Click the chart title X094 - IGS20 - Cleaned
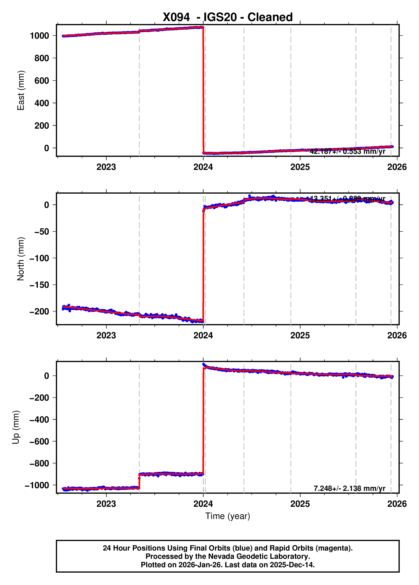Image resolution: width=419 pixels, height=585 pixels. (x=228, y=17)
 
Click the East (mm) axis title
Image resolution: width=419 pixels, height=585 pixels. (x=21, y=90)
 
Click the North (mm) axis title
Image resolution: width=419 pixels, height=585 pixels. (x=21, y=259)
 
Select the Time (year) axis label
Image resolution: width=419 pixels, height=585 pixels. (x=228, y=516)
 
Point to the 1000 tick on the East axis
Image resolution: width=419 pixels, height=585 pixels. (x=39, y=36)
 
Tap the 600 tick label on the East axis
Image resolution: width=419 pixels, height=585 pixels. (x=42, y=81)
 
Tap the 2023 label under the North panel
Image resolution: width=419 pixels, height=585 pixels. (x=106, y=335)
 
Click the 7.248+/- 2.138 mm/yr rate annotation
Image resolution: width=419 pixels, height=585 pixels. (x=349, y=488)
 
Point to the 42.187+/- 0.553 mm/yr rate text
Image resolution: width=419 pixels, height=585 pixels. (x=347, y=152)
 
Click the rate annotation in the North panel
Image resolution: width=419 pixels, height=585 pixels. (x=347, y=199)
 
